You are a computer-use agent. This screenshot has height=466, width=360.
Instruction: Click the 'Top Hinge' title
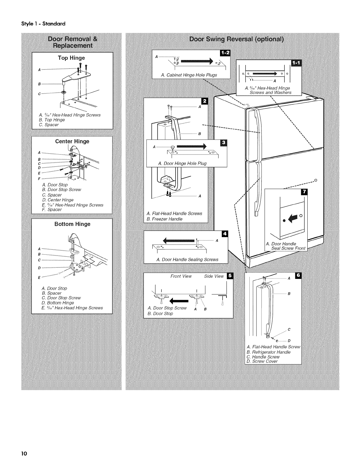[x=71, y=58]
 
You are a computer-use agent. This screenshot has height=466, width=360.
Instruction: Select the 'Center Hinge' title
[x=72, y=142]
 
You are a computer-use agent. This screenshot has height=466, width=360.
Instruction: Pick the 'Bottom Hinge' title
[x=72, y=224]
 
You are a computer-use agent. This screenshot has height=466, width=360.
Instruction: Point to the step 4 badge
[x=225, y=234]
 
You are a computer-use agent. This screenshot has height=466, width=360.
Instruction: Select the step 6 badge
[x=299, y=276]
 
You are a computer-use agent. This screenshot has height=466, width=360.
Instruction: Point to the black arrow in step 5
[x=179, y=301]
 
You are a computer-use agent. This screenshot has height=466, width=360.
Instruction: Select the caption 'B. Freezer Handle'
[x=164, y=219]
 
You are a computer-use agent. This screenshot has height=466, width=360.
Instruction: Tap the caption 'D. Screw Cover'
[x=262, y=361]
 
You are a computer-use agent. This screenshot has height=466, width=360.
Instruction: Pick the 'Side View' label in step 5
[x=214, y=276]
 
